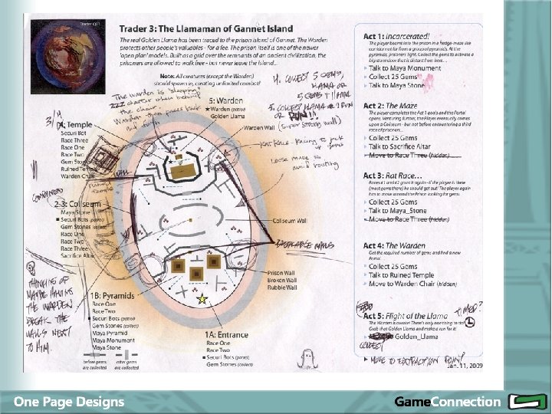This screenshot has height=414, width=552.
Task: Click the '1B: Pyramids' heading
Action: point(112,295)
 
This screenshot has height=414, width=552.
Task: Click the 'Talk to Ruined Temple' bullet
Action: point(401,275)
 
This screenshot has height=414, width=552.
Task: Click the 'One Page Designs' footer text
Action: point(69,401)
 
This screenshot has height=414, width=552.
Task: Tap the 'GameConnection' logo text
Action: point(447,401)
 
